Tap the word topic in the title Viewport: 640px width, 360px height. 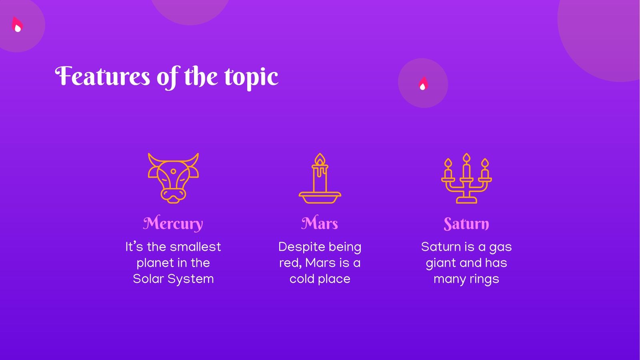[251, 77]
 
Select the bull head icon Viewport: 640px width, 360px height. [173, 178]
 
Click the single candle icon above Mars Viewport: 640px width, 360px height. [320, 178]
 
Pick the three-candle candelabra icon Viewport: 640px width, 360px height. [466, 178]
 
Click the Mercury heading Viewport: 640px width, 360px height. [173, 223]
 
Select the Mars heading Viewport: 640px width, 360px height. [320, 223]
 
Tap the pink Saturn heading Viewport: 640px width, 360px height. [466, 223]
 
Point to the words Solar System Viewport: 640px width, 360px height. [173, 279]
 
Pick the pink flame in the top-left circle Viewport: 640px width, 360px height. [17, 25]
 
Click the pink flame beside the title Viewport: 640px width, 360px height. [423, 83]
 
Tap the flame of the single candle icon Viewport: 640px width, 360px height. [320, 160]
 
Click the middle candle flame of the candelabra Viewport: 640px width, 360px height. [466, 158]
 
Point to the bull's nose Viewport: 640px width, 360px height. [173, 196]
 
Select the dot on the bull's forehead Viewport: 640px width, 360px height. [173, 171]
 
